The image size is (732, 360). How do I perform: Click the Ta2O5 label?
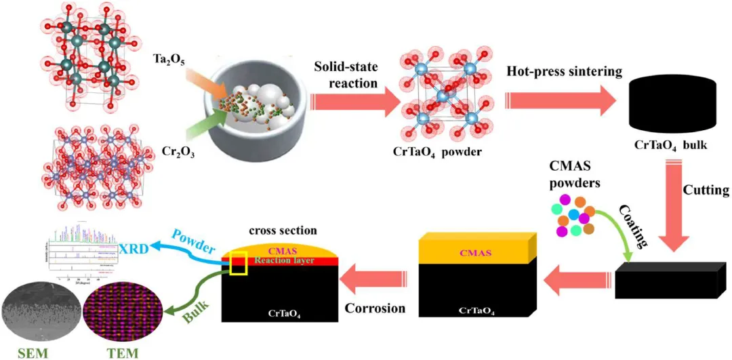(x=167, y=61)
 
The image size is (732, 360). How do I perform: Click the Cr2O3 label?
(x=167, y=151)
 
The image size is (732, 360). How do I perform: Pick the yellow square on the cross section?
(x=239, y=263)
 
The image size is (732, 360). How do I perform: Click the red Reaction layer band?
(x=298, y=261)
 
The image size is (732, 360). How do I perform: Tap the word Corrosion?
(x=375, y=308)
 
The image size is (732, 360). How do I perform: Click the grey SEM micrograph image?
(x=39, y=313)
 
